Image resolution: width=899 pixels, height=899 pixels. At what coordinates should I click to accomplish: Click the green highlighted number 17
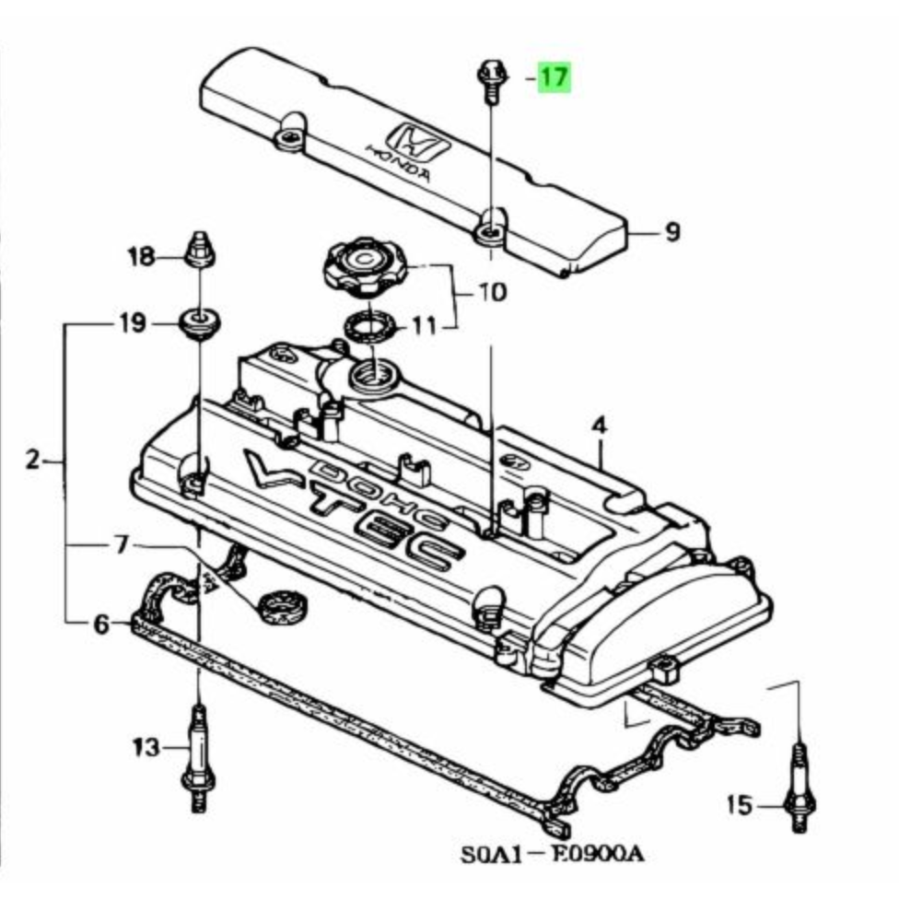coord(554,77)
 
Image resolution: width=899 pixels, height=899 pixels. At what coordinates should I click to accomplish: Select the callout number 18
coord(143,257)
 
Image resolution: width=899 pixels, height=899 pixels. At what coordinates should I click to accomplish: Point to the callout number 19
coord(132,323)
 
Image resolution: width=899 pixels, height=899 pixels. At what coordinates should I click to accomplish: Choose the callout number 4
coord(600,427)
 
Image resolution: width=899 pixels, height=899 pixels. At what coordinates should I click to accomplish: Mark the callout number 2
coord(33,459)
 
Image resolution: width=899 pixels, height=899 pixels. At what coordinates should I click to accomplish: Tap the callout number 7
coord(122,545)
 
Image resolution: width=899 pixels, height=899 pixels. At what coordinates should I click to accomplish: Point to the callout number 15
coord(739,806)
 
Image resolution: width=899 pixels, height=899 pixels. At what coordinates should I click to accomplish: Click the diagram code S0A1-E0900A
coord(552,854)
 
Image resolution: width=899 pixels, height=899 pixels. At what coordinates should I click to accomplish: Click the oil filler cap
coord(362,267)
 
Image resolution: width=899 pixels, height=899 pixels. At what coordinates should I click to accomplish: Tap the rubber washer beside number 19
coord(196,323)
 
